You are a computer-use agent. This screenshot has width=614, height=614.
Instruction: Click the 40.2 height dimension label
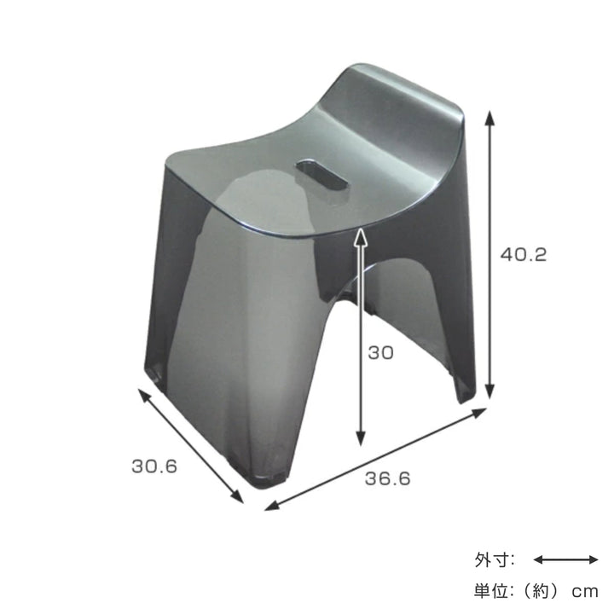[x=522, y=254]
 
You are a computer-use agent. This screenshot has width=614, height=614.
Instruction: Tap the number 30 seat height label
[x=382, y=352]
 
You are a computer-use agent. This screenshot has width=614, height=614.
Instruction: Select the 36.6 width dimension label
[x=387, y=479]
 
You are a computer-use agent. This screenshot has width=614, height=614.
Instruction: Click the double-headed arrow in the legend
[x=566, y=559]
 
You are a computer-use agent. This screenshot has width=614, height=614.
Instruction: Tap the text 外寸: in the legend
[x=495, y=560]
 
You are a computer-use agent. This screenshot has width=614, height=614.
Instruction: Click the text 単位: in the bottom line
[x=495, y=590]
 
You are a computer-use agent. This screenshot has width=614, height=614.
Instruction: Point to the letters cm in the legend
[x=586, y=591]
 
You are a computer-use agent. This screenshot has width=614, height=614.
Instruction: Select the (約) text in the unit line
[x=542, y=590]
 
